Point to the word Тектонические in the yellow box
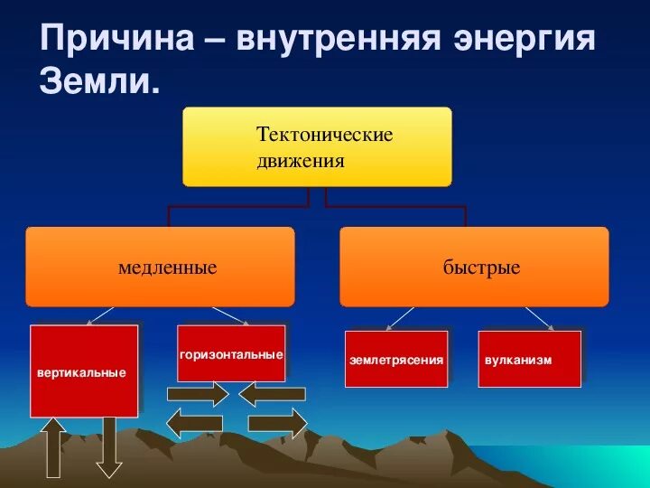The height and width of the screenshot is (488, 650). [324, 136]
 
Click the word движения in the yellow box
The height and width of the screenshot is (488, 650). [301, 161]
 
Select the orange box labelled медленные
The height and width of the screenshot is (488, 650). [160, 267]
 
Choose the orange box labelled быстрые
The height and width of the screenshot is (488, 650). [474, 267]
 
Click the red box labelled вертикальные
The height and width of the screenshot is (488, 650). [84, 371]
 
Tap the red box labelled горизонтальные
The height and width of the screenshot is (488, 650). [231, 352]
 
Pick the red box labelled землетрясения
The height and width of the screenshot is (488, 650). [396, 359]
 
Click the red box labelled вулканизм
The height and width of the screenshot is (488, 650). [529, 359]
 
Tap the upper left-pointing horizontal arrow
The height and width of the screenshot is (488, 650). [273, 395]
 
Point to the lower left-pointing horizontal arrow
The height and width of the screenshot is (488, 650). [195, 422]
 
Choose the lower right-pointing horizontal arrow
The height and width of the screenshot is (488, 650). [277, 422]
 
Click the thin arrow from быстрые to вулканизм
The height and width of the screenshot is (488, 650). [539, 318]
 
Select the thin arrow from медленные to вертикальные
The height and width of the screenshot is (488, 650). [100, 315]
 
